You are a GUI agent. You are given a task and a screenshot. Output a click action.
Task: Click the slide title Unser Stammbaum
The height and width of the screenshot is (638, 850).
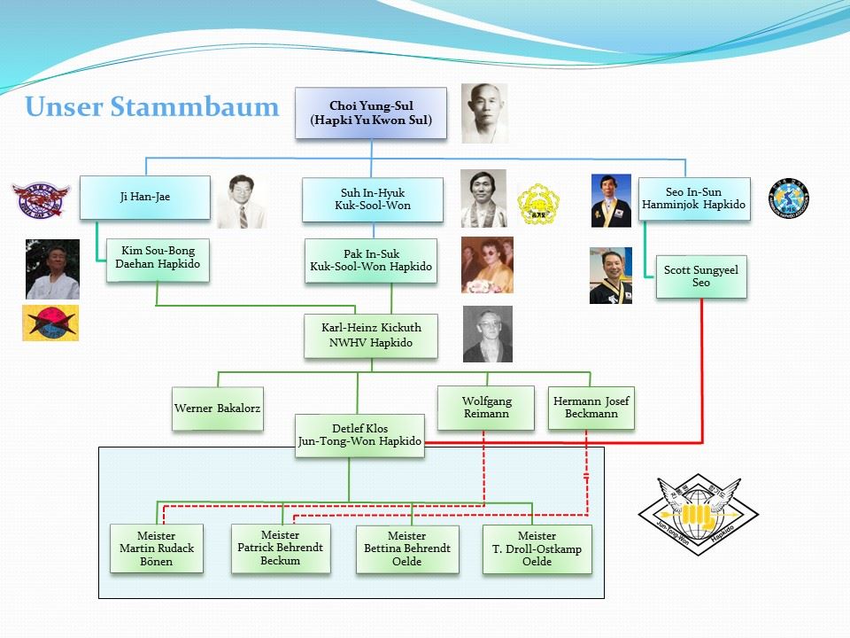151,107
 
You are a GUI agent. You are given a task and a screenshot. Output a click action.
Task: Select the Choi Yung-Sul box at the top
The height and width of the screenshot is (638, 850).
371,113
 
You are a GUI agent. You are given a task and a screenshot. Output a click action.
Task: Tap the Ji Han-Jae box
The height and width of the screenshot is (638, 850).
144,197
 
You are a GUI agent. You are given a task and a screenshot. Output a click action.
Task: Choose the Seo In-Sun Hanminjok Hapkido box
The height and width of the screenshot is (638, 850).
694,198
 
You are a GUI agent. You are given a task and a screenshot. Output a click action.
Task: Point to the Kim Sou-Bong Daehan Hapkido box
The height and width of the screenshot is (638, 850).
157,259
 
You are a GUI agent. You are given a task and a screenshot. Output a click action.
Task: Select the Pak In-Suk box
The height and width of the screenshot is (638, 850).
371,261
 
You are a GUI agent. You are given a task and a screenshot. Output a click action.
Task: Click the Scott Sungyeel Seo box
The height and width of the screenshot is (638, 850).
700,276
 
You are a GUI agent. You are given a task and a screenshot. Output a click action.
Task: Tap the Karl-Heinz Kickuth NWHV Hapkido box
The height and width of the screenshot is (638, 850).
371,335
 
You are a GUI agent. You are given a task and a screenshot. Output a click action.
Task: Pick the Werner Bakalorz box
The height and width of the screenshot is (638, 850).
218,408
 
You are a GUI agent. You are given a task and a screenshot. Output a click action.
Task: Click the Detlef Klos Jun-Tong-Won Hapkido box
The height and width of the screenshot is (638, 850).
359,435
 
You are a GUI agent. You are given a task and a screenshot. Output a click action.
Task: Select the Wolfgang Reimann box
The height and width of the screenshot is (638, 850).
486,408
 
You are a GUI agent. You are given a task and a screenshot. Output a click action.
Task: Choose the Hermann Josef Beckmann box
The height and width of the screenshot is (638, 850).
591,408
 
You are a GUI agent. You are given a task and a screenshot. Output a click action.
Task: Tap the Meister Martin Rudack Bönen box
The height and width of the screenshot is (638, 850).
157,549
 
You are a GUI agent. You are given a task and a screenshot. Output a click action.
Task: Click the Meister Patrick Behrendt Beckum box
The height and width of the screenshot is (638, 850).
281,548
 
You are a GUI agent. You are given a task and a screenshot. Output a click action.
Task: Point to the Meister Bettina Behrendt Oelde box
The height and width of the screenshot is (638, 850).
407,549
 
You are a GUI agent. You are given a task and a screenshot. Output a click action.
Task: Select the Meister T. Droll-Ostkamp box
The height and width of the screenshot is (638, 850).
537,549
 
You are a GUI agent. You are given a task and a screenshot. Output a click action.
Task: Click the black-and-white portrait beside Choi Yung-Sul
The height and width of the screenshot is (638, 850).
484,113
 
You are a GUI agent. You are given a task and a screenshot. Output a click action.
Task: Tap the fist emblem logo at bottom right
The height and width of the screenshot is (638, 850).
699,515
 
